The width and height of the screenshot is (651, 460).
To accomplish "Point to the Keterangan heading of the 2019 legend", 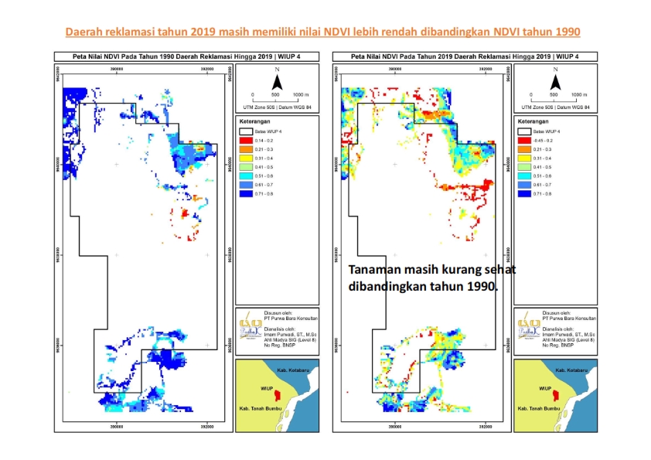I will (533, 121).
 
